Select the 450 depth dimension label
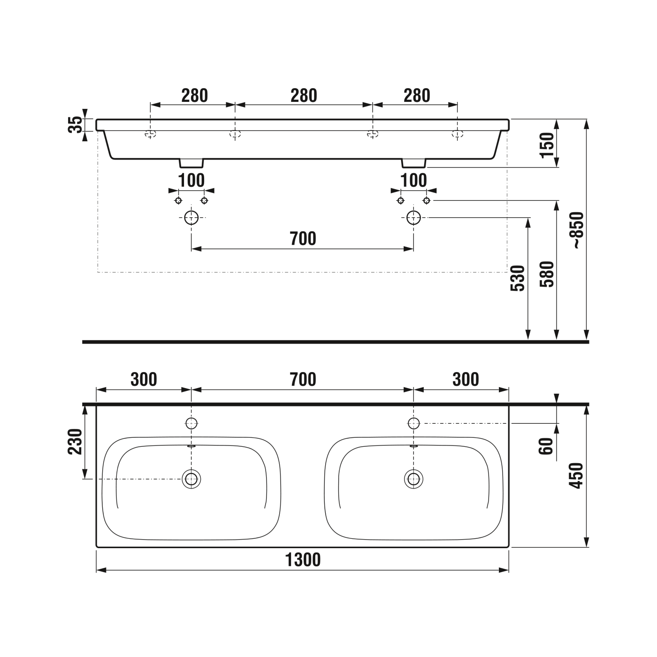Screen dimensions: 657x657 tap(576, 475)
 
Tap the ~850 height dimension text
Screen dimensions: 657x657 tap(577, 230)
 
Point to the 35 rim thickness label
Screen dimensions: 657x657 tap(76, 125)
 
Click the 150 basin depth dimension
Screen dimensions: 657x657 tap(547, 145)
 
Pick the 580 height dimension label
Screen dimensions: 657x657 tap(547, 274)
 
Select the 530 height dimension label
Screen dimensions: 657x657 tap(518, 278)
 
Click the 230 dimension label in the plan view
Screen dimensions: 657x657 tap(76, 442)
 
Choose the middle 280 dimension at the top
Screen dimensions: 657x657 tap(304, 96)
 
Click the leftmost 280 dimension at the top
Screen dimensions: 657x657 tap(194, 96)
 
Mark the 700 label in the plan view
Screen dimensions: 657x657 tap(303, 379)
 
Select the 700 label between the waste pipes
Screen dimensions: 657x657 tap(303, 239)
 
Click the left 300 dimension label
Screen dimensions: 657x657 tap(144, 379)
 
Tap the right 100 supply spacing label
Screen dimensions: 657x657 tap(414, 180)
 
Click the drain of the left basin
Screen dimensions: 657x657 tap(191, 479)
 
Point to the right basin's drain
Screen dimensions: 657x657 tap(413, 479)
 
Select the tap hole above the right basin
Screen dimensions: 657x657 tap(413, 423)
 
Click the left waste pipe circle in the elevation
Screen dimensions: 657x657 tap(191, 217)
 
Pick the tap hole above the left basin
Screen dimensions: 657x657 tap(191, 423)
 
